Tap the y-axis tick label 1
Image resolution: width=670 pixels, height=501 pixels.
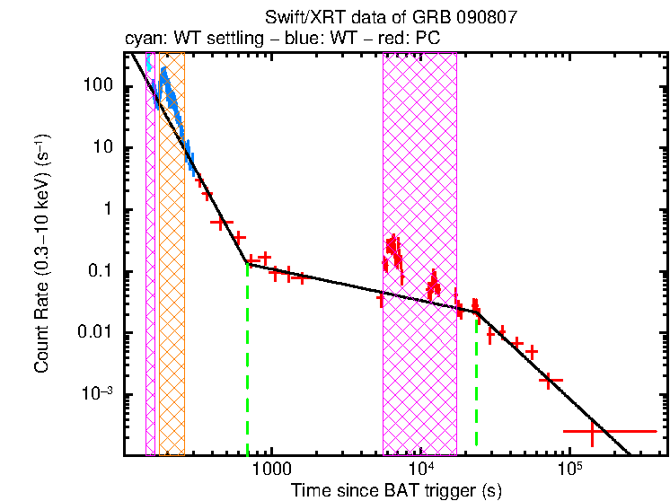coord(106,210)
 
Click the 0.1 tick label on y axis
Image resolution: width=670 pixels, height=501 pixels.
coord(100,272)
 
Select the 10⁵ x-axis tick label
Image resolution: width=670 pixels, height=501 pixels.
coord(569,468)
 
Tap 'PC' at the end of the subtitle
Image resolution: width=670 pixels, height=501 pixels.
coord(429,39)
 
